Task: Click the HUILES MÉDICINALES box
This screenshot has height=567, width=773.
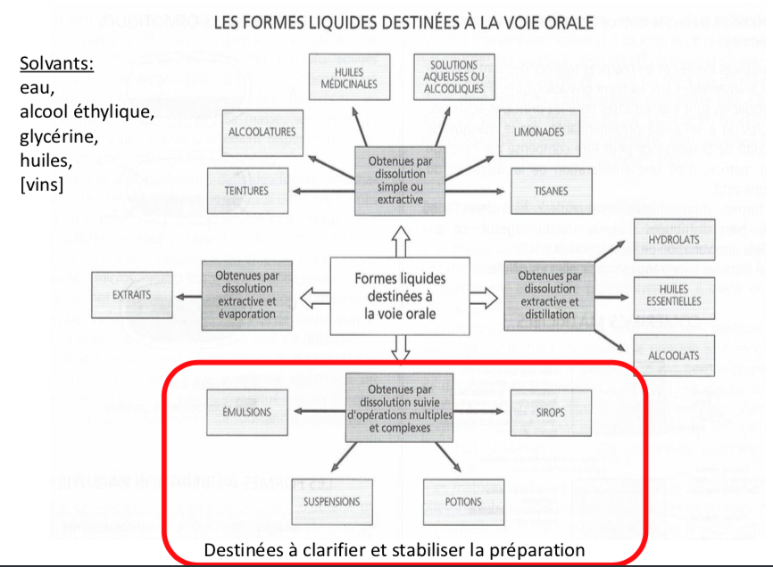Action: pos(349,78)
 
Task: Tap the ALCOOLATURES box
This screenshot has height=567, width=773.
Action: pos(262,132)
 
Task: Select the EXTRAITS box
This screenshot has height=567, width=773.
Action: pos(131,295)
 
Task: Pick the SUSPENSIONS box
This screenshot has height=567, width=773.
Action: pos(331,502)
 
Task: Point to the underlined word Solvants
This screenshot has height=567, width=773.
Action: pos(56,65)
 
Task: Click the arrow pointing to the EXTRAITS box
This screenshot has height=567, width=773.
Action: pos(187,295)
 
